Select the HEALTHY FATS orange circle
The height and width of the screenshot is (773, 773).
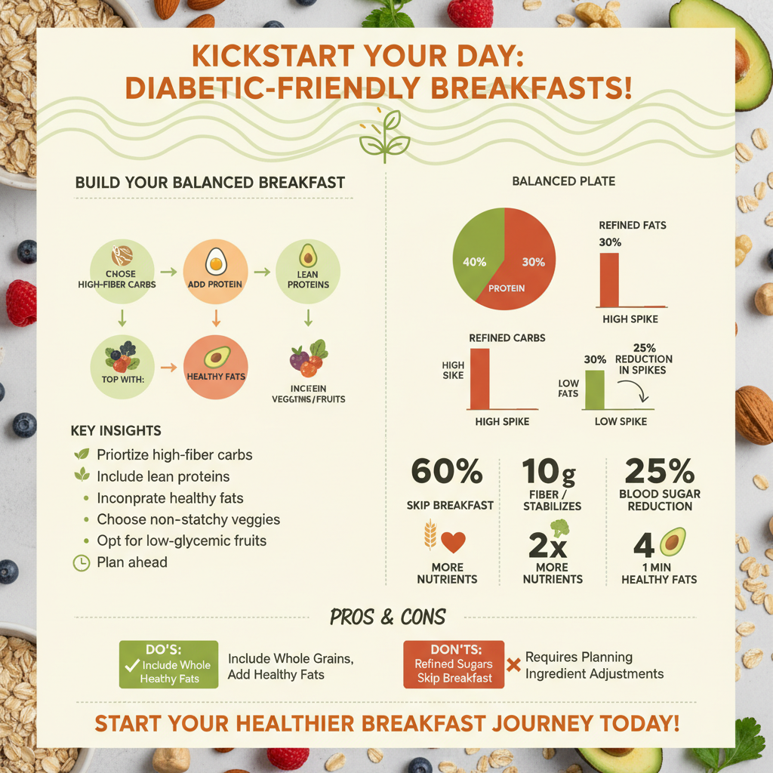tap(215, 365)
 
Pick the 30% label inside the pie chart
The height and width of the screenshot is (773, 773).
tap(533, 262)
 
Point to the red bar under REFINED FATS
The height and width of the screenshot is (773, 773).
tap(609, 279)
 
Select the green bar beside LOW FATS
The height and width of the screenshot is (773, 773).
tap(595, 390)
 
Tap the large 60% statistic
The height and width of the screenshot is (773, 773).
tap(447, 473)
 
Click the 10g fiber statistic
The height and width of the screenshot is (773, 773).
tap(550, 473)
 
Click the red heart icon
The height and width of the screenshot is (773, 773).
tap(453, 542)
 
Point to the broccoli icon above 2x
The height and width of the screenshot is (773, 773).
tap(559, 527)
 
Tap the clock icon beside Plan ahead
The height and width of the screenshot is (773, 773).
tap(80, 562)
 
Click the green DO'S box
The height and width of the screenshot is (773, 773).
tap(168, 664)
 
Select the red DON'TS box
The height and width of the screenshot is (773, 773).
tap(454, 664)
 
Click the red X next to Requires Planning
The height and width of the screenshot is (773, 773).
tap(513, 665)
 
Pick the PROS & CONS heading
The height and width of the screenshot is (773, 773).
tap(387, 617)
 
